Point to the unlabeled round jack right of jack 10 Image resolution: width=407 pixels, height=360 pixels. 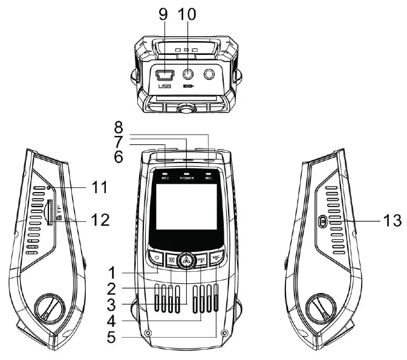(x=210, y=75)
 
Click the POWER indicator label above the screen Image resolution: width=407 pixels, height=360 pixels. (x=186, y=180)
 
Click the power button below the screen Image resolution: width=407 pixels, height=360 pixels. (x=156, y=259)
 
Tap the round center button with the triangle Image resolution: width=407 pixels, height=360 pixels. (x=186, y=260)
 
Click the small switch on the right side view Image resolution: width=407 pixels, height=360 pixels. (x=323, y=222)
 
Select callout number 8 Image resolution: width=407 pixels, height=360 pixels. (x=119, y=128)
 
